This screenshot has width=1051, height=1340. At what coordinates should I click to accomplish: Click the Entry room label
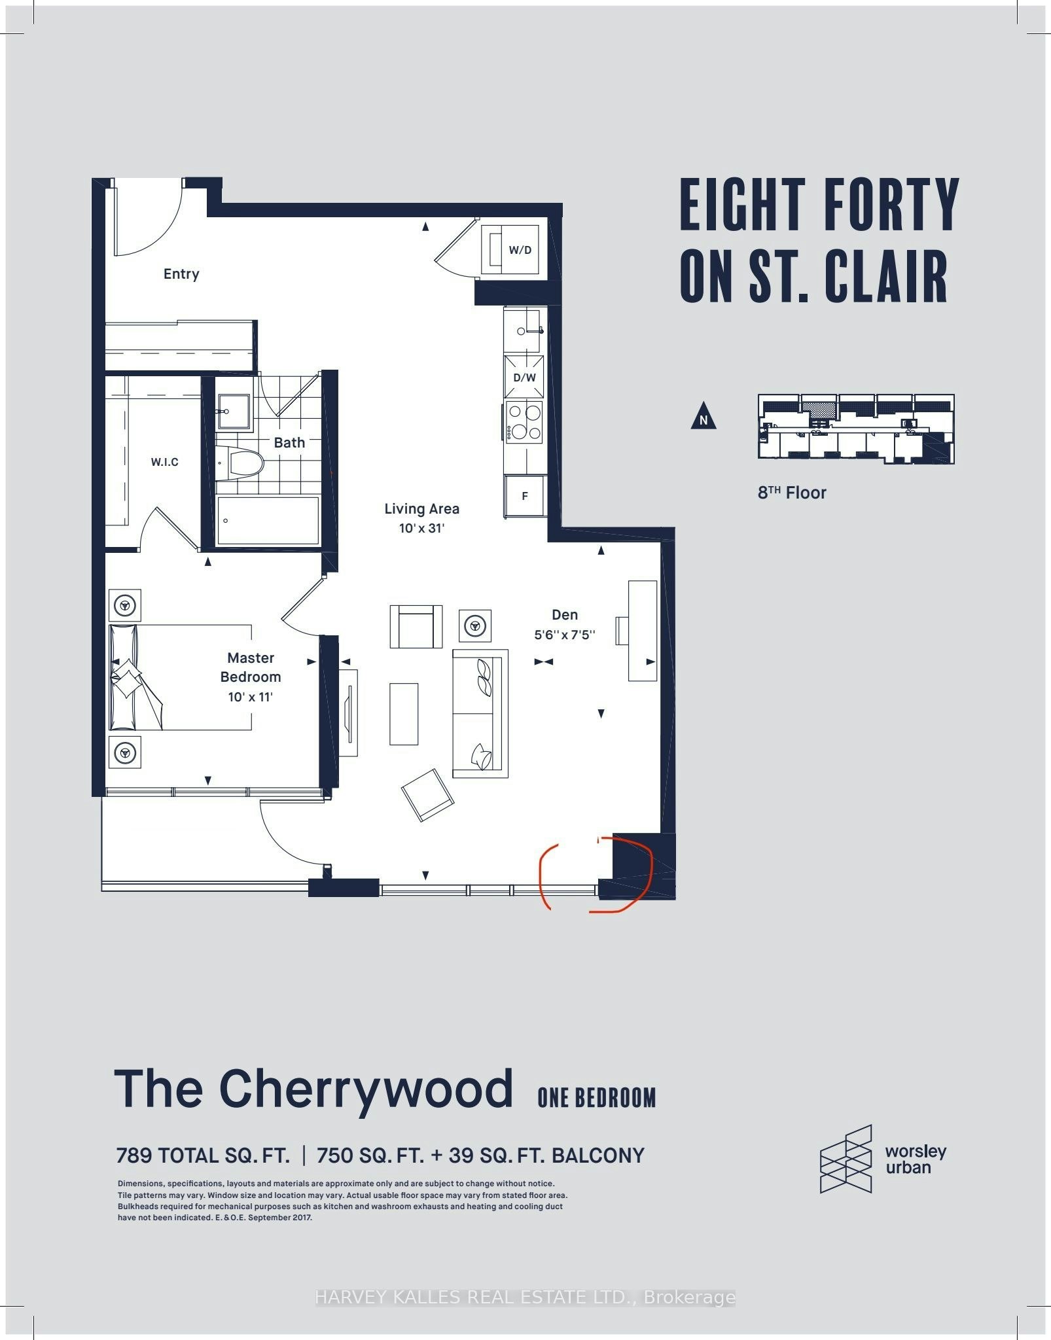point(181,274)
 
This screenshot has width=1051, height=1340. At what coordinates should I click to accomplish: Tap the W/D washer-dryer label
point(520,250)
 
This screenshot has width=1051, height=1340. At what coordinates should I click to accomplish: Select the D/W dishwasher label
point(524,378)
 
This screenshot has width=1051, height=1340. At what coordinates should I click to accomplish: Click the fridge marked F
point(525,496)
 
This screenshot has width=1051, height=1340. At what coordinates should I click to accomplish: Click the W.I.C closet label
point(164,462)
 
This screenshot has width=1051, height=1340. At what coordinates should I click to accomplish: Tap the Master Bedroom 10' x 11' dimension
point(250,697)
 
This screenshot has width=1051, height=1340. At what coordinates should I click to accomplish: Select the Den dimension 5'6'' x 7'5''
point(565,635)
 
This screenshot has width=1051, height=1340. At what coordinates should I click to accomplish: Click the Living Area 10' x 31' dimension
point(421,528)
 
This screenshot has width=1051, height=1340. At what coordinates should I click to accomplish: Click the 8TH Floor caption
point(792,493)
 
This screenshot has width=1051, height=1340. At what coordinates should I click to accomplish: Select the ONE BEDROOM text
point(597,1097)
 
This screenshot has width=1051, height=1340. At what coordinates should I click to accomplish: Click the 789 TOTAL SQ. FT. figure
point(203,1156)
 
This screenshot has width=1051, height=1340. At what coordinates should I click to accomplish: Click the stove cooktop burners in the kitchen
point(524,422)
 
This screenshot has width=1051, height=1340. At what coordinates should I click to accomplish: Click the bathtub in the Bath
point(268,520)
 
